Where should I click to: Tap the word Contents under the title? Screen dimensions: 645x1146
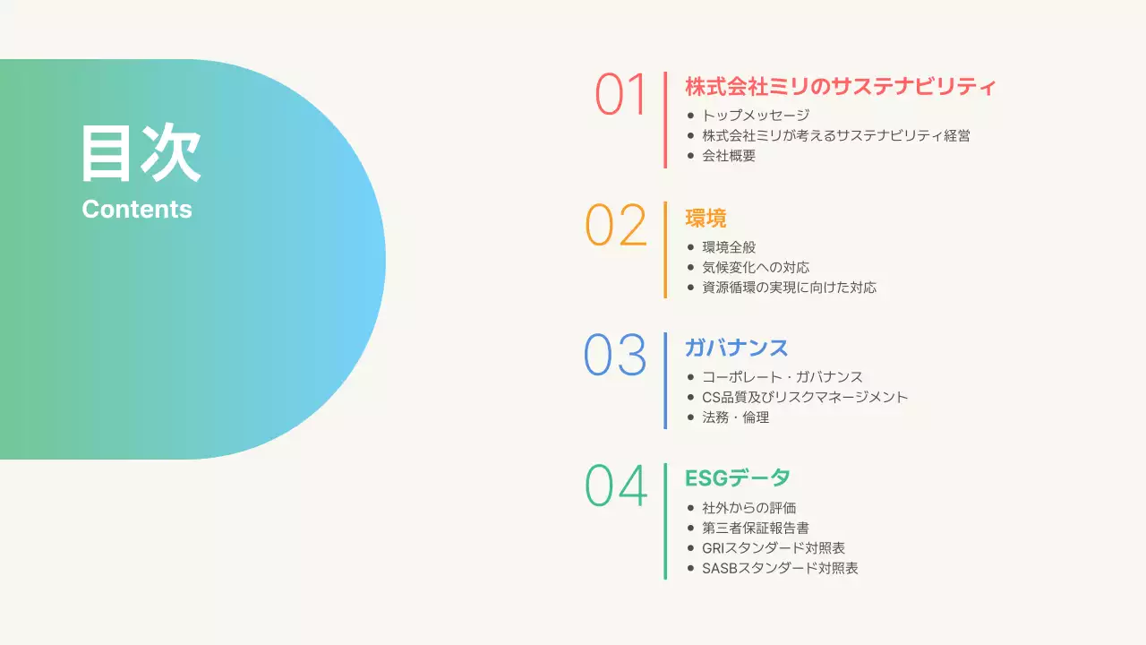(x=137, y=209)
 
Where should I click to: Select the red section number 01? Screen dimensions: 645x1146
(x=620, y=94)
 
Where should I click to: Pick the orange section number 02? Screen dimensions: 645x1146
(x=616, y=225)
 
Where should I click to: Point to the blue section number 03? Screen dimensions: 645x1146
(x=615, y=355)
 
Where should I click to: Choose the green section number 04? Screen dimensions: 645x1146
(x=616, y=486)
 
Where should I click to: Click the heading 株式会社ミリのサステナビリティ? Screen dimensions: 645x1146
(x=840, y=87)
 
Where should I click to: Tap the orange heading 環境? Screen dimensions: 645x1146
(x=706, y=218)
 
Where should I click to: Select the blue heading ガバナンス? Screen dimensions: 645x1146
(x=736, y=348)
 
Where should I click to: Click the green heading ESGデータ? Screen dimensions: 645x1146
(x=737, y=477)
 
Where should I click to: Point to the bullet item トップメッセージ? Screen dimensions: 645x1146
(x=756, y=116)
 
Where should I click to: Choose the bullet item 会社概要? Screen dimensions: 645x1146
(x=729, y=156)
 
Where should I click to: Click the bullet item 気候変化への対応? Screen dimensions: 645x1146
(x=756, y=267)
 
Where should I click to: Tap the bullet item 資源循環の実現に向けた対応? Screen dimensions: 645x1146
(x=789, y=288)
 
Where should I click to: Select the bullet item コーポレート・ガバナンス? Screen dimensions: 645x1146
(x=783, y=377)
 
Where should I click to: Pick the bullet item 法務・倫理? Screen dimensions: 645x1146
(x=735, y=417)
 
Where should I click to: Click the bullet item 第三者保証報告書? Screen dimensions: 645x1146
(x=756, y=528)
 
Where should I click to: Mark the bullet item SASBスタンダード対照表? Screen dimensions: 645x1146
(x=780, y=568)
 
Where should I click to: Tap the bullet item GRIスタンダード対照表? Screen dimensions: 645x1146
(x=774, y=547)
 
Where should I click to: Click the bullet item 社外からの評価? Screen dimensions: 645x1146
(x=748, y=507)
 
